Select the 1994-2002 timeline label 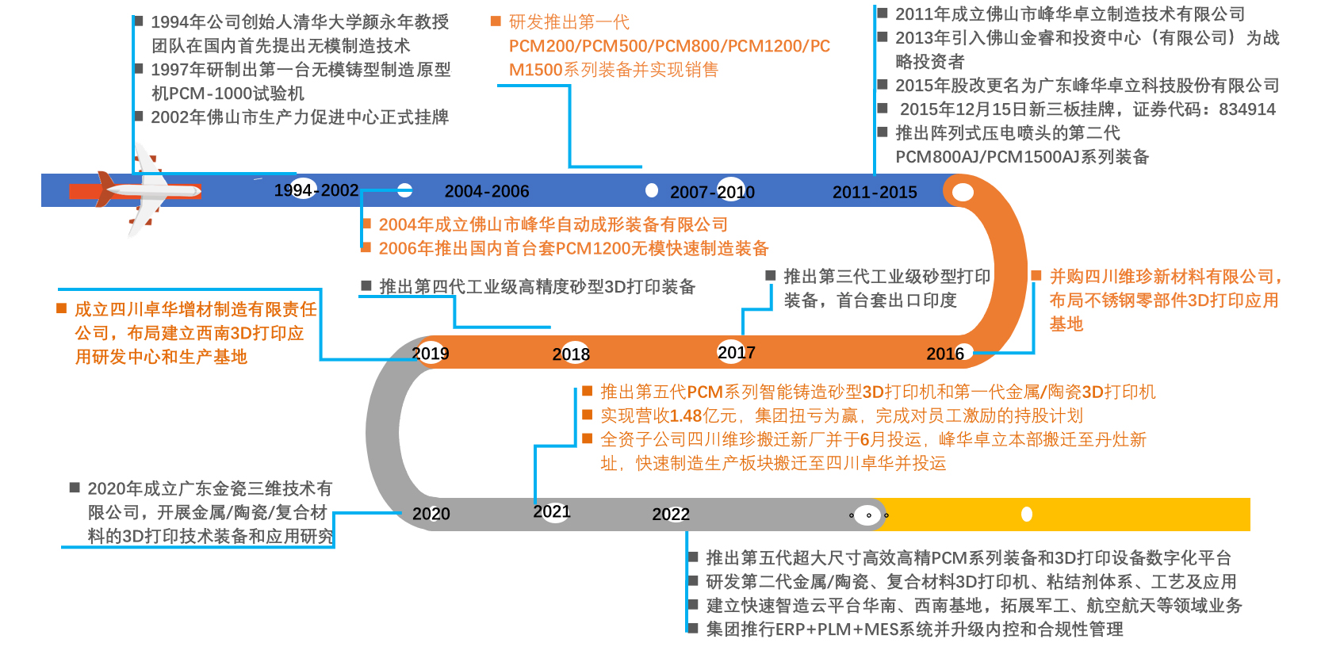pyautogui.click(x=316, y=190)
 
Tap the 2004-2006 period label pyautogui.click(x=486, y=191)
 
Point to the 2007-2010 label pyautogui.click(x=712, y=192)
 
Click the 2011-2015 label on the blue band pyautogui.click(x=875, y=192)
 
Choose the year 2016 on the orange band pyautogui.click(x=945, y=354)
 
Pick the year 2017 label pyautogui.click(x=737, y=352)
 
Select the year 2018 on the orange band pyautogui.click(x=571, y=354)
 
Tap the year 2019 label pyautogui.click(x=431, y=353)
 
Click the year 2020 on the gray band pyautogui.click(x=431, y=514)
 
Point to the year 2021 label pyautogui.click(x=552, y=511)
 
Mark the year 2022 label pyautogui.click(x=671, y=515)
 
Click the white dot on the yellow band pyautogui.click(x=1027, y=515)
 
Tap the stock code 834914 pyautogui.click(x=1247, y=109)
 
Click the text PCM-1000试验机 pyautogui.click(x=228, y=94)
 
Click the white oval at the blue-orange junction pyautogui.click(x=963, y=192)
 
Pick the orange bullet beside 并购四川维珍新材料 pyautogui.click(x=1036, y=275)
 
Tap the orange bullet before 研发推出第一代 pyautogui.click(x=496, y=21)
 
